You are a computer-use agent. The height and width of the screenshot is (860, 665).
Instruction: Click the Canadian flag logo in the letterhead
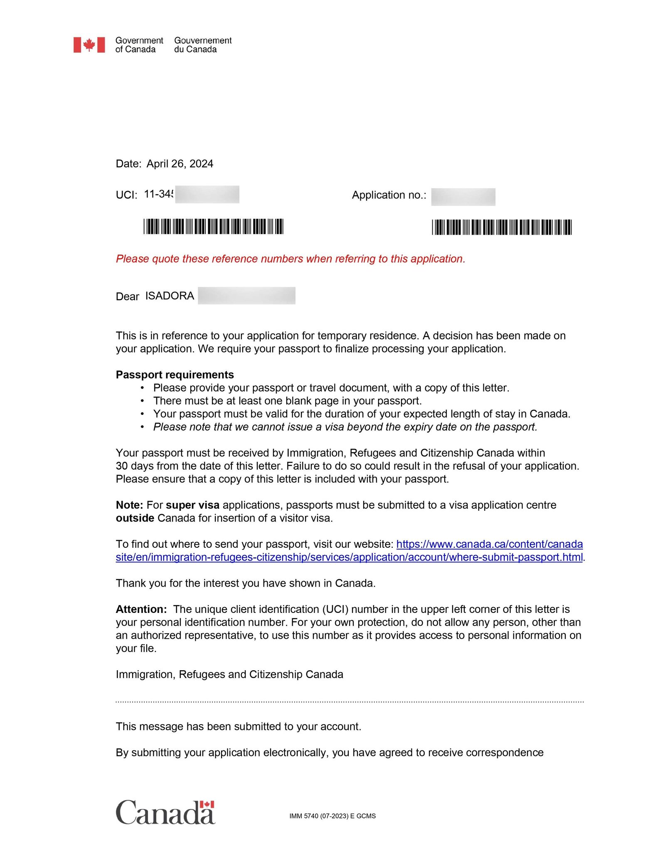[89, 45]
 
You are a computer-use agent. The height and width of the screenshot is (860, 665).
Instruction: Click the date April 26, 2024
[180, 164]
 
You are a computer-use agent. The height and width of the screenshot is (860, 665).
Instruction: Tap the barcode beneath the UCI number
[213, 226]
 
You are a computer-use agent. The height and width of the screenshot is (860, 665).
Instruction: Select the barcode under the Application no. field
[502, 227]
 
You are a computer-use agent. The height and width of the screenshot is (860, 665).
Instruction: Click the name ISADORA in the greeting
[170, 296]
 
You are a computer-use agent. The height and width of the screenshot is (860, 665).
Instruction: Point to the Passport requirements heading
[175, 375]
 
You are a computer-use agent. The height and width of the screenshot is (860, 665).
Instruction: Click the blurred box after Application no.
[463, 196]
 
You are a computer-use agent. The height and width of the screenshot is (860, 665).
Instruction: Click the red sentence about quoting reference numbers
[290, 259]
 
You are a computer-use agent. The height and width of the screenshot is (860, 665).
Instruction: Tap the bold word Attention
[141, 609]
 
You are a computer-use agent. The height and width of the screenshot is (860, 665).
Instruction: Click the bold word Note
[129, 505]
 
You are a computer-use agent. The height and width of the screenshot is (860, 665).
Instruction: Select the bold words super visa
[192, 505]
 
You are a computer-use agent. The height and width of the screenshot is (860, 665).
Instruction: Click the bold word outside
[135, 518]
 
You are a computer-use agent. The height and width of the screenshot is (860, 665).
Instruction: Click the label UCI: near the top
[126, 195]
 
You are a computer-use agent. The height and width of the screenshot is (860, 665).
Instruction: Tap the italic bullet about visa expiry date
[345, 427]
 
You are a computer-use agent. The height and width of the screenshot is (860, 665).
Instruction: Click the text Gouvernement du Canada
[202, 45]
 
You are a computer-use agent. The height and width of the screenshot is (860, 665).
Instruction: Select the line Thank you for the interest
[245, 583]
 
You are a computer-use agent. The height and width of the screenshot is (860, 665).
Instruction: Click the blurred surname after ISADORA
[246, 296]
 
